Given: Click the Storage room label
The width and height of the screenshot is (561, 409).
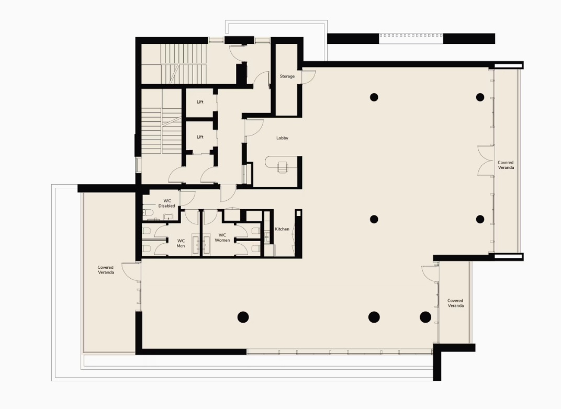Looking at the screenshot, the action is pyautogui.click(x=287, y=76).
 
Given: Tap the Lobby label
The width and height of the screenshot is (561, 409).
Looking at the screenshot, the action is pyautogui.click(x=282, y=138).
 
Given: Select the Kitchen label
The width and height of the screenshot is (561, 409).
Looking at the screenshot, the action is pyautogui.click(x=282, y=229).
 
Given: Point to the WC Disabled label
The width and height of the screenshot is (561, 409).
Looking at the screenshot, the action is pyautogui.click(x=167, y=203).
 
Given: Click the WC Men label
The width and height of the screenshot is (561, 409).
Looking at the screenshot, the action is pyautogui.click(x=181, y=244).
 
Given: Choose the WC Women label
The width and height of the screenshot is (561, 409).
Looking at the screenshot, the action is pyautogui.click(x=222, y=238).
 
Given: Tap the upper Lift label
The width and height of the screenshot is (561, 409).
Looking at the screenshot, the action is pyautogui.click(x=200, y=102).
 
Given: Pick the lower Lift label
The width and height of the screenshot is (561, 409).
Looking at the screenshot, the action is pyautogui.click(x=200, y=137).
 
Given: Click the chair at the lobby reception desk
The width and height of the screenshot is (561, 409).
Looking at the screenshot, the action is pyautogui.click(x=283, y=167).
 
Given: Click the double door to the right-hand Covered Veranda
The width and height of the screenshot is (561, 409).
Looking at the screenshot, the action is pyautogui.click(x=486, y=161).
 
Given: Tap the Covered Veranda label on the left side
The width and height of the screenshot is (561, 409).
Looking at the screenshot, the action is pyautogui.click(x=106, y=270).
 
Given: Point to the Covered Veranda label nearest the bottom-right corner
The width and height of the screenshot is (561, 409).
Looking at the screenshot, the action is pyautogui.click(x=455, y=303).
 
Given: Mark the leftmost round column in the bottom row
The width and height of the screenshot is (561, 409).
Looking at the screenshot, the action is pyautogui.click(x=243, y=317).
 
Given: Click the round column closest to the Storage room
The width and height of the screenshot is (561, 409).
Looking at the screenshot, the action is pyautogui.click(x=374, y=97).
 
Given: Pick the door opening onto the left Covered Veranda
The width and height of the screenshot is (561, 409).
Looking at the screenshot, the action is pyautogui.click(x=131, y=270).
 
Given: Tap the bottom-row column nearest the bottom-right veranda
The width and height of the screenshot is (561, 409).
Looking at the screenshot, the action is pyautogui.click(x=425, y=317).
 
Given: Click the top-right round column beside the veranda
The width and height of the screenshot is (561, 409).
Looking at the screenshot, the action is pyautogui.click(x=480, y=97).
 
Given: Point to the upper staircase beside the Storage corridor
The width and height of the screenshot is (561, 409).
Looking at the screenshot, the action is pyautogui.click(x=184, y=64).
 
